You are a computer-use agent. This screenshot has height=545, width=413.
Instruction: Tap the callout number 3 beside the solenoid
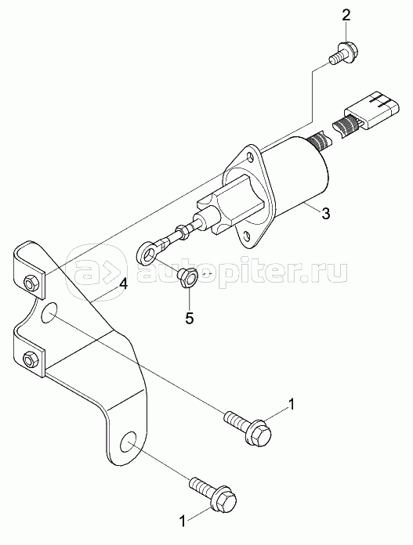pos(325,213)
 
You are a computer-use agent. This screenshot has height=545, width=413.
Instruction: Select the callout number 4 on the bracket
pos(123,284)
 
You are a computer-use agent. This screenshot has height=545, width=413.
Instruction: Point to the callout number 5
pos(189,318)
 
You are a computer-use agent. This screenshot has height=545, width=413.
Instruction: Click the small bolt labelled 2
pos(344,54)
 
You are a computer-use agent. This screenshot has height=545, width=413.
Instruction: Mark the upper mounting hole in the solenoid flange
pos(250,158)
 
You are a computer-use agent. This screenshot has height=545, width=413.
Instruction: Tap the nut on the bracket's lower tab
pos(31,358)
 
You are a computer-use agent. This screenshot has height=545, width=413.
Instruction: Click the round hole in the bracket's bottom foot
pos(128,443)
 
